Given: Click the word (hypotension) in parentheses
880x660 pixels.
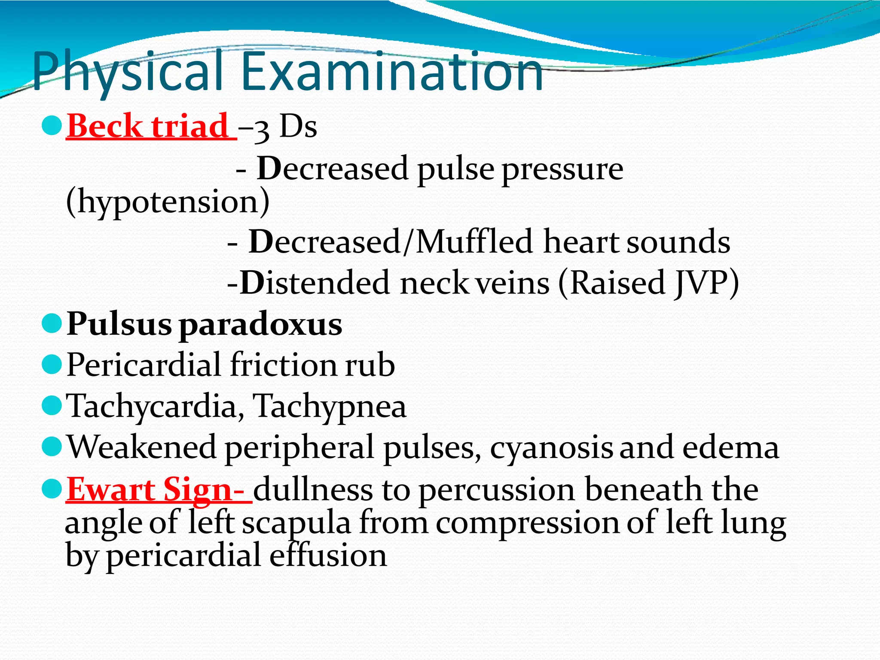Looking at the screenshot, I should tap(168, 202).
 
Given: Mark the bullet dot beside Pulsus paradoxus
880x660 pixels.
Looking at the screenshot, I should tap(52, 323).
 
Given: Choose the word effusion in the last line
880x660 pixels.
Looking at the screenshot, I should tap(328, 555).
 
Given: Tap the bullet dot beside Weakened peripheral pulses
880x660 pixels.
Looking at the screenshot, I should tap(52, 446).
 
